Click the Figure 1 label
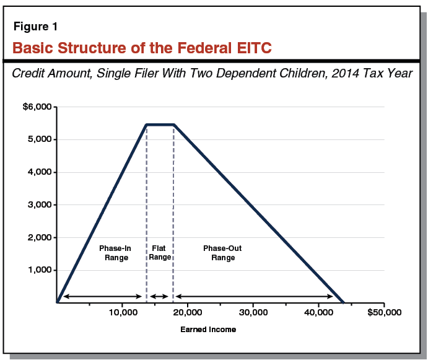pos(36,27)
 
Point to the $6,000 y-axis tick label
pos(37,107)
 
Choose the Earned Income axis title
pos(208,330)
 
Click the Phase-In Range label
pos(114,253)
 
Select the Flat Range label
pos(160,253)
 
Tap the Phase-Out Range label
pos(222,253)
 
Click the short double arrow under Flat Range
pos(160,297)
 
